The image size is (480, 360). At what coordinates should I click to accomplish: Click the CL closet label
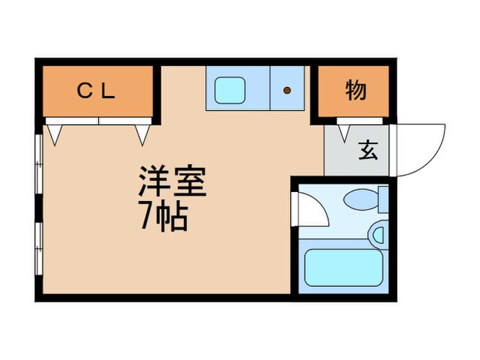[98, 91]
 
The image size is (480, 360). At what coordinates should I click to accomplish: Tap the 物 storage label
[355, 90]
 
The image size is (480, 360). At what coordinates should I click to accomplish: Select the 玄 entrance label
[368, 149]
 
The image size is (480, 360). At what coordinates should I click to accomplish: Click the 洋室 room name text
[173, 182]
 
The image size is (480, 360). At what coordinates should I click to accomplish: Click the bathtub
[343, 267]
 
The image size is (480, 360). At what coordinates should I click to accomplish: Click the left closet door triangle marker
[54, 134]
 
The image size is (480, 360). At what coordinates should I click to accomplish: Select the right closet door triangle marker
[143, 134]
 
